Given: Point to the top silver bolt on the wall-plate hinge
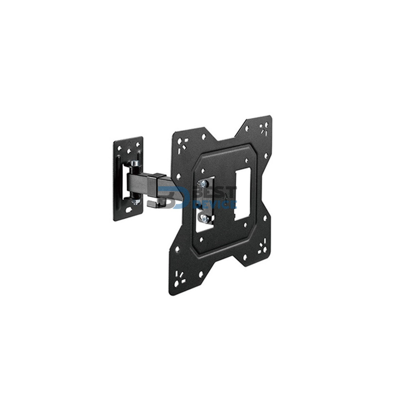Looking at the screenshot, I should coord(135,163).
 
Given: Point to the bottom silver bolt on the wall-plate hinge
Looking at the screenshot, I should coord(135,201).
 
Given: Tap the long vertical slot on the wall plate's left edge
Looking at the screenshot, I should coord(118,180).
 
